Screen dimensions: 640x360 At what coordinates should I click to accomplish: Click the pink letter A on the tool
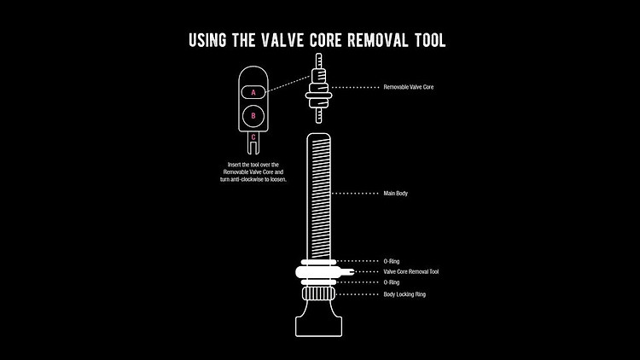point(253,93)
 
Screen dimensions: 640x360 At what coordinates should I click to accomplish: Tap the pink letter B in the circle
point(253,116)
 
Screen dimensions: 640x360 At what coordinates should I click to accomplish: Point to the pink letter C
point(253,137)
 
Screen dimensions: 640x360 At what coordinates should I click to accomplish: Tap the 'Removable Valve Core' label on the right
point(409,87)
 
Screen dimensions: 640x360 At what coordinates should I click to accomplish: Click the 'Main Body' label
point(395,194)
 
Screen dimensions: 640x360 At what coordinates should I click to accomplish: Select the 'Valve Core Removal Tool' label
point(411,271)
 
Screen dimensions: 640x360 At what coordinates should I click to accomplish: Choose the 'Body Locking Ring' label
point(404,294)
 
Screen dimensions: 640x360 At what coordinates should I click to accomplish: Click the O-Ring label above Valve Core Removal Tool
point(392,261)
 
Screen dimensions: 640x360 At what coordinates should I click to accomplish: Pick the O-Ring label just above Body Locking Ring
point(392,282)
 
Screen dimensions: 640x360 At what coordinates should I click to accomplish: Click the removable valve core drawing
point(319,88)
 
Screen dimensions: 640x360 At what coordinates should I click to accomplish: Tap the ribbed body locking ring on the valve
point(319,293)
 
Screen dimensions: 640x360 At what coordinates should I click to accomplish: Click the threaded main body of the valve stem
point(319,196)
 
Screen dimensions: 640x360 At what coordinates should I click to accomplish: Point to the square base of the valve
point(319,328)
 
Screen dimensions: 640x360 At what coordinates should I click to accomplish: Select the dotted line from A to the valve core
point(288,84)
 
